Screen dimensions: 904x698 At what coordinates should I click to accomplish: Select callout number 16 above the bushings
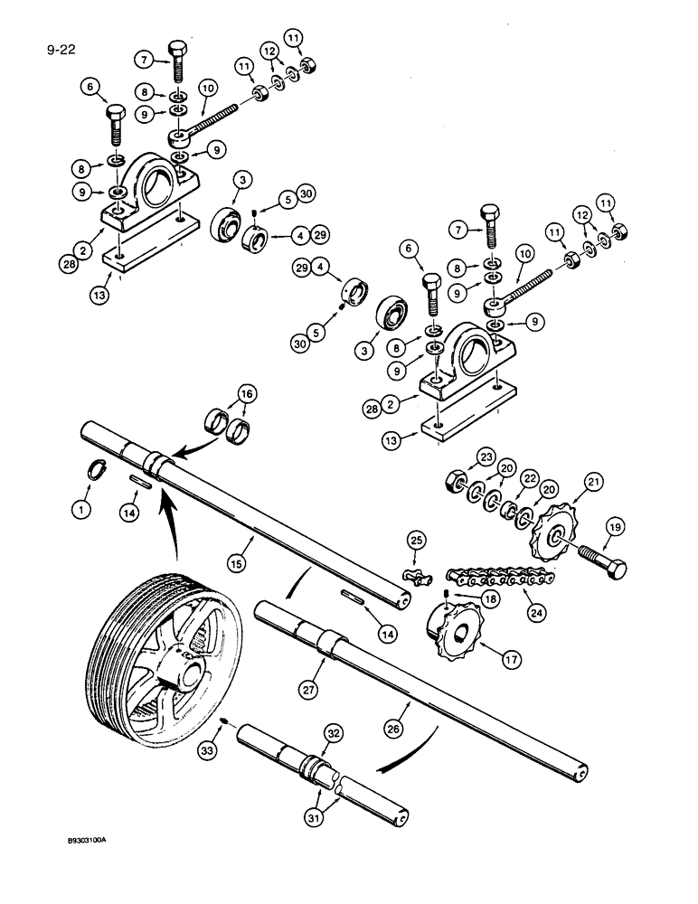pos(245,392)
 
